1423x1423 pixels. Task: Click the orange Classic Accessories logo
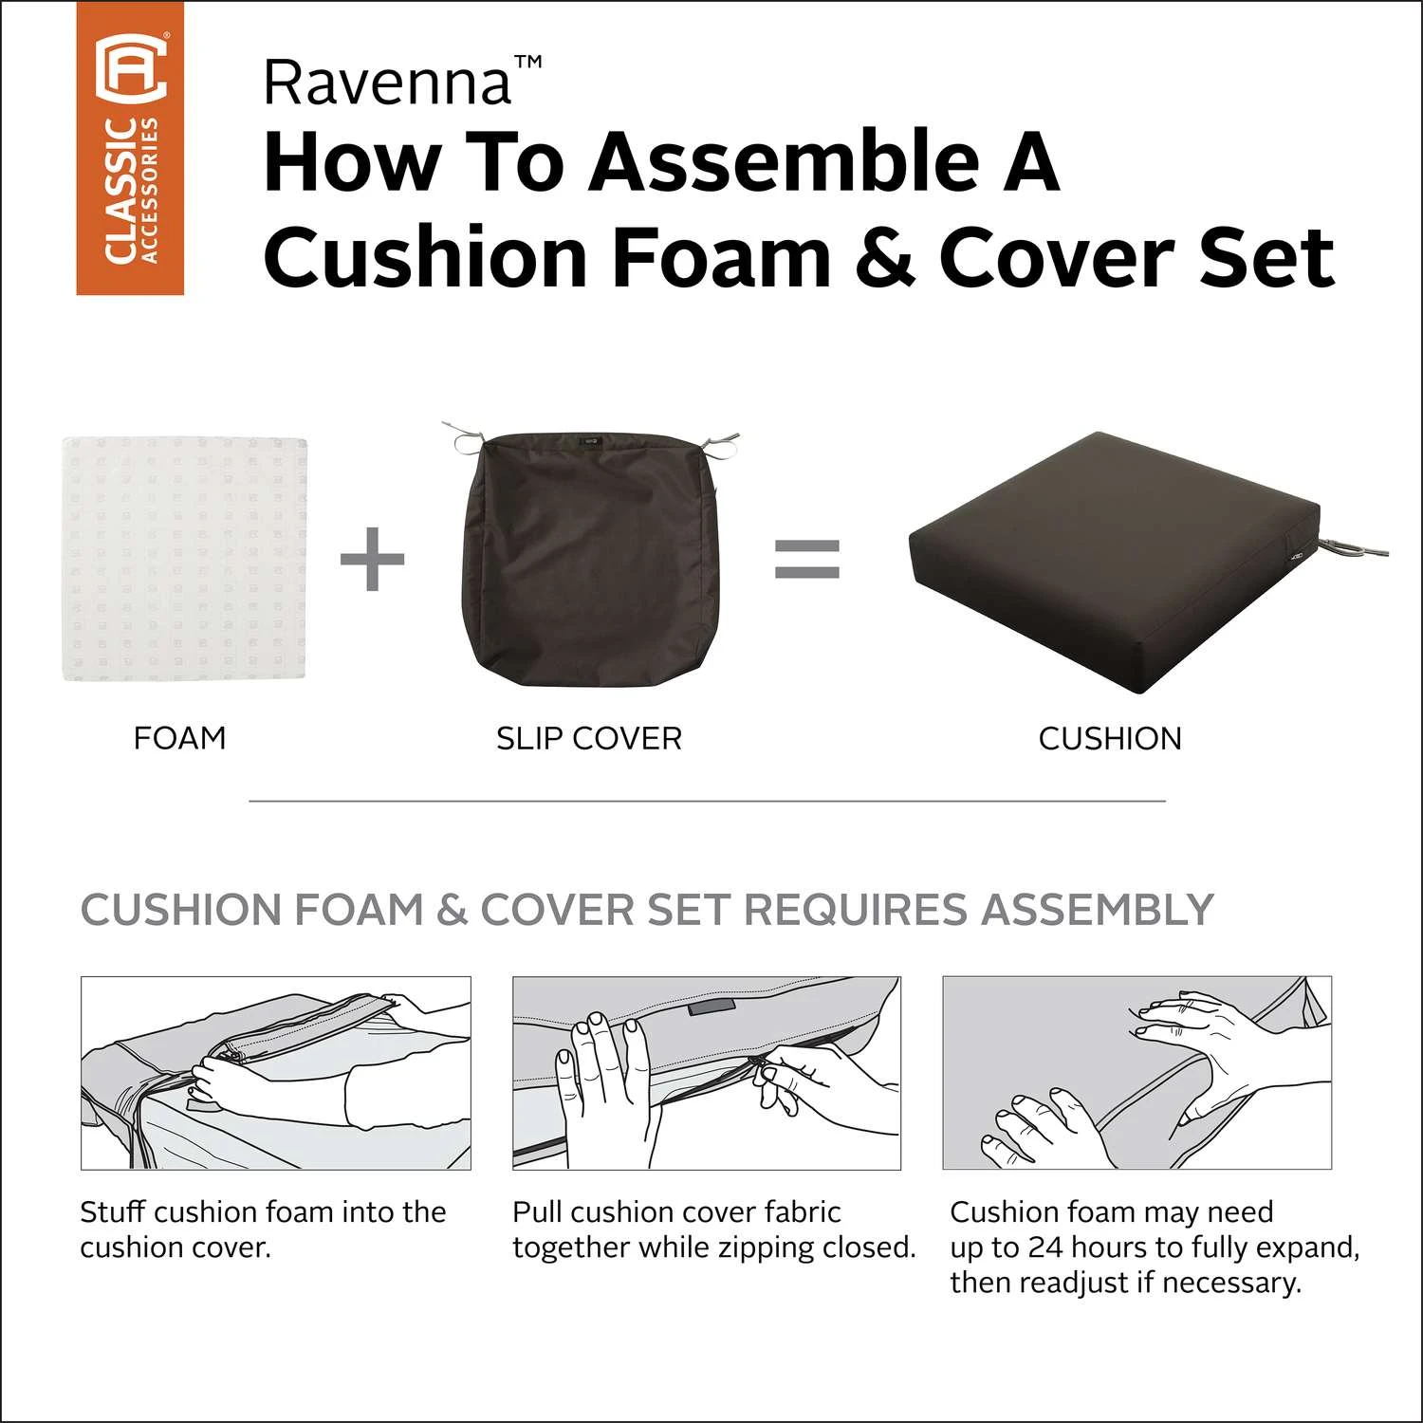(130, 147)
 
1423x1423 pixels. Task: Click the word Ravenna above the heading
(388, 83)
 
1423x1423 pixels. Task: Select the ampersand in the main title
(885, 257)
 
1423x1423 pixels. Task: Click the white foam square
(186, 559)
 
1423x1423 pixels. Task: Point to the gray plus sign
(372, 559)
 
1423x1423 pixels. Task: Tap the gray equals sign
(807, 559)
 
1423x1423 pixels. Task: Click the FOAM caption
(180, 738)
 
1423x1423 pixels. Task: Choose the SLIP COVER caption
(589, 738)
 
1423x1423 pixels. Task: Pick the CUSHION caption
(1110, 738)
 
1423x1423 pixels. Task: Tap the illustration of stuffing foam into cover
(276, 1073)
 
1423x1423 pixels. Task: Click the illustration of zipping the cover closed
(707, 1073)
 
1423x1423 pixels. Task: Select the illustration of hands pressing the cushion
(1137, 1073)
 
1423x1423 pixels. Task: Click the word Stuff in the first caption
(113, 1212)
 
